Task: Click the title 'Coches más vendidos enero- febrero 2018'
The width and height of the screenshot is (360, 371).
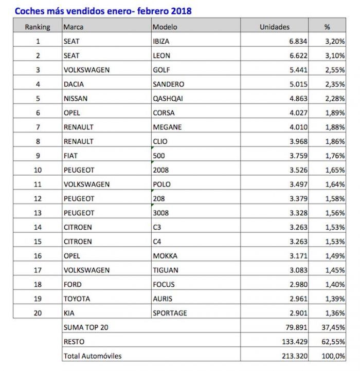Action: [x=103, y=10]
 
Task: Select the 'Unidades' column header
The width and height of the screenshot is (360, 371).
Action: [x=274, y=27]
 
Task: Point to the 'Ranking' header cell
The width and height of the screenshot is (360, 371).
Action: [x=38, y=27]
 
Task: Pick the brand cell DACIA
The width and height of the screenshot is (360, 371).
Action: [x=74, y=84]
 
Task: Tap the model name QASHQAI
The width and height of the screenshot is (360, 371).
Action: [x=168, y=98]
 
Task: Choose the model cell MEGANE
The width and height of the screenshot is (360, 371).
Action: [x=167, y=127]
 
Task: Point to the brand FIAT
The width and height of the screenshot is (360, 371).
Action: [x=70, y=155]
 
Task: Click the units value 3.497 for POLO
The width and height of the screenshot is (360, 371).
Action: [x=298, y=184]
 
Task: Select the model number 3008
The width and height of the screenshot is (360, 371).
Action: [x=161, y=213]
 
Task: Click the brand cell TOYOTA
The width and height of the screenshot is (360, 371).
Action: [x=76, y=299]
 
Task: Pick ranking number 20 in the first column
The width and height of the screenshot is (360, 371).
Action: [x=38, y=312]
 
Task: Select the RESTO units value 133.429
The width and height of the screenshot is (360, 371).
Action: [x=294, y=341]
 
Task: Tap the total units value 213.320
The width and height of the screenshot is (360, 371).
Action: [x=294, y=356]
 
